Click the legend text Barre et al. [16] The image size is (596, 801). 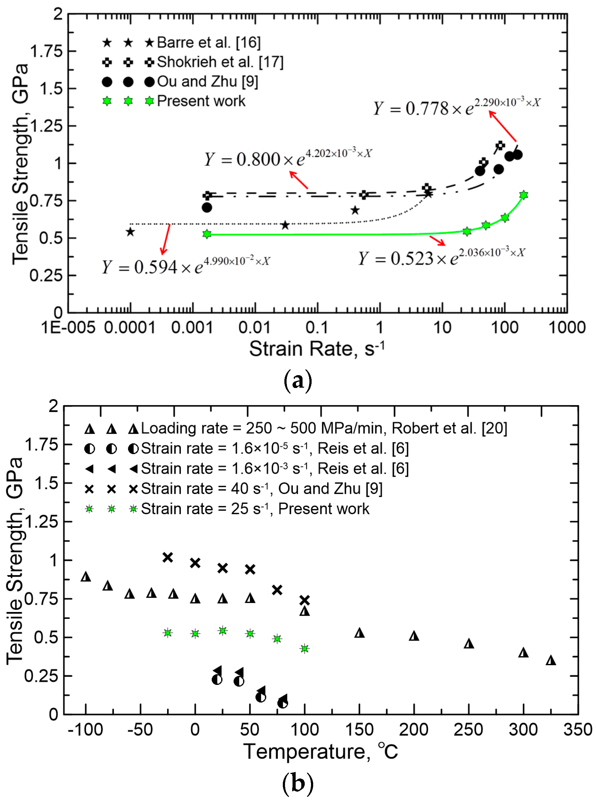(209, 43)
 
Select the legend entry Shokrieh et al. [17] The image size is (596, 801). (220, 62)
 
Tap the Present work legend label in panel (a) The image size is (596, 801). (201, 101)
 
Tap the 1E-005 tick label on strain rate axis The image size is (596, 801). (68, 328)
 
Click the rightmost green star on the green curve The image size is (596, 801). (523, 195)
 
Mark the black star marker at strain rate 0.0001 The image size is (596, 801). (130, 232)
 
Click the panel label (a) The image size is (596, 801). (298, 381)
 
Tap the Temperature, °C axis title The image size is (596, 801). (320, 752)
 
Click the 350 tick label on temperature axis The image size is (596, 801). (578, 730)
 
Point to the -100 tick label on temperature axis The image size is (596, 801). (85, 730)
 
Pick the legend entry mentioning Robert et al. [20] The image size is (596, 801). (323, 428)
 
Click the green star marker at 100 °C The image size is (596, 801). (304, 648)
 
